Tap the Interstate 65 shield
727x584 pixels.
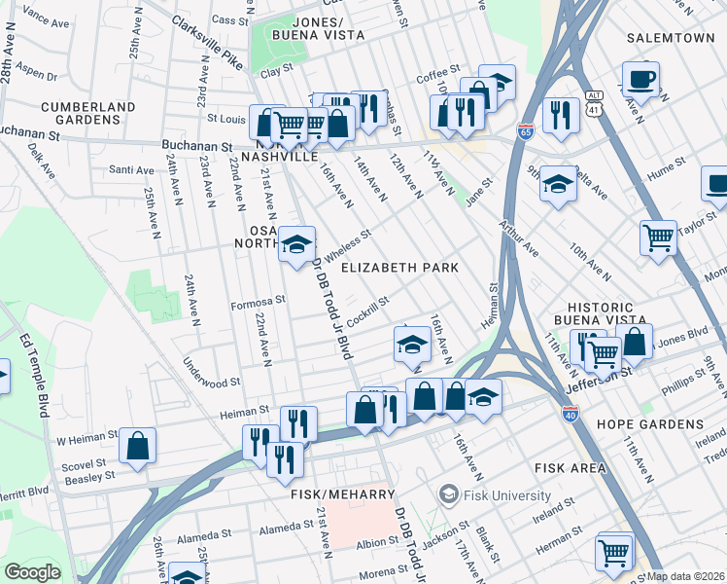coord(525,132)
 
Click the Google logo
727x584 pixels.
coord(32,571)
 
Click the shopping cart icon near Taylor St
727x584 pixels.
coord(658,237)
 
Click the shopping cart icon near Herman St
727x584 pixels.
coord(614,552)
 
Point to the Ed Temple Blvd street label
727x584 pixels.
coord(36,375)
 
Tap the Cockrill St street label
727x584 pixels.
coord(367,310)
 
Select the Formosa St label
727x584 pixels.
coord(258,303)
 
